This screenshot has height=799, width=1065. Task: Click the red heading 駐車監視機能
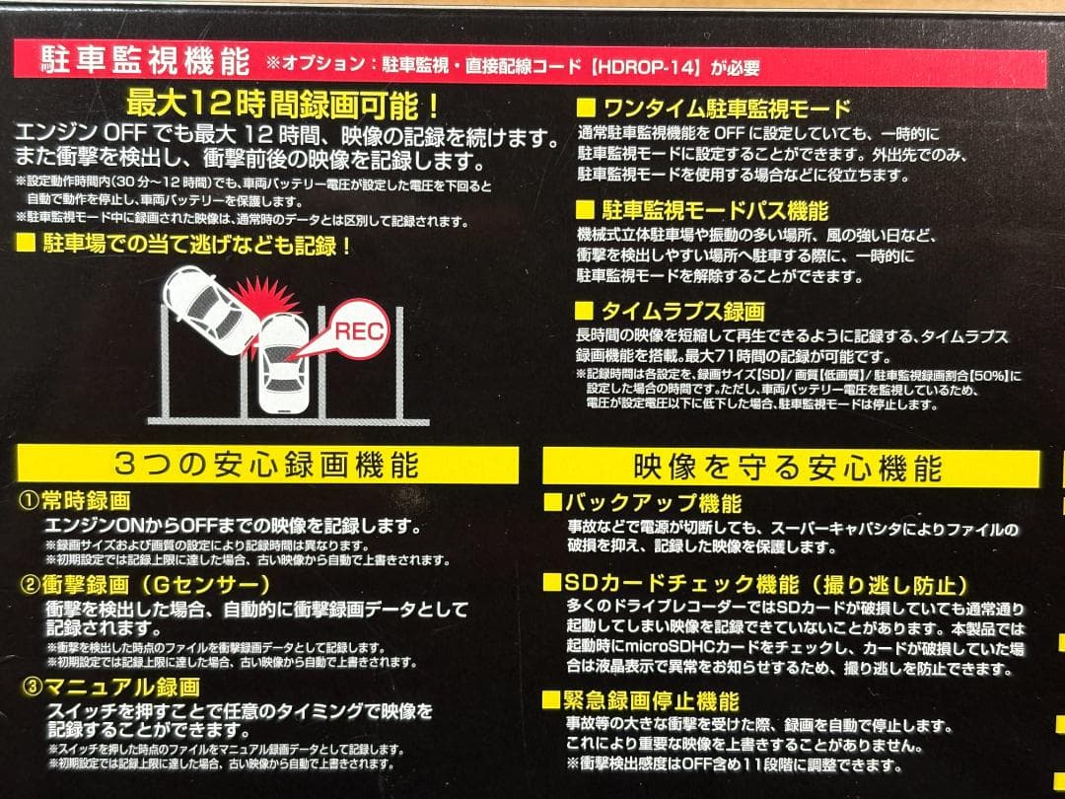145,63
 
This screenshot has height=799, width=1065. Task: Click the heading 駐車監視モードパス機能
714,210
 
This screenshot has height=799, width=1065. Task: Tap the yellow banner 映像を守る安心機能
788,467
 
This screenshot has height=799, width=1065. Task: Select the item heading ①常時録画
77,502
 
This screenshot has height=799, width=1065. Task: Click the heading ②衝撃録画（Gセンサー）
147,585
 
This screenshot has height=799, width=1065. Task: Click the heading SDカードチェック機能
755,585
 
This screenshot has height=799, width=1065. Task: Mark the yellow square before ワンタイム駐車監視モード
585,109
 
